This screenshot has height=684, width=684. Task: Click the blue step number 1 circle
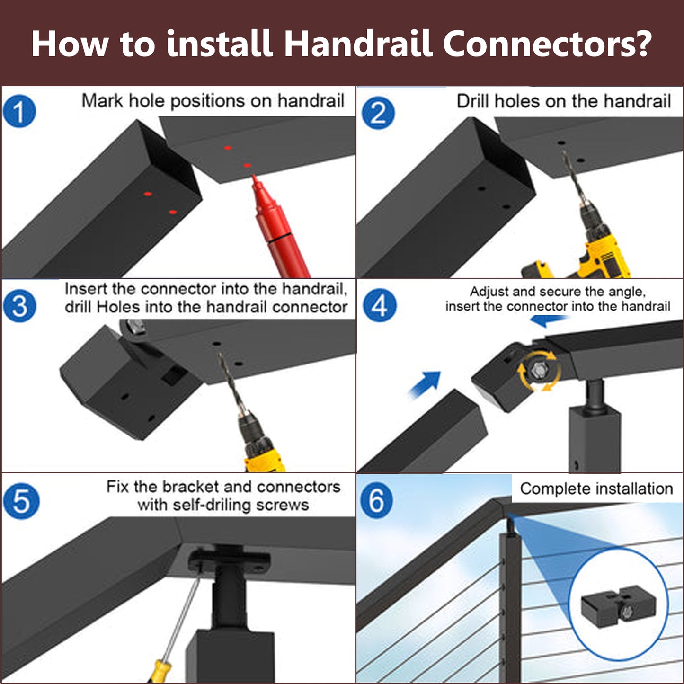pos(19,111)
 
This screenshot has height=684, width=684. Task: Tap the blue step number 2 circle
pos(378,113)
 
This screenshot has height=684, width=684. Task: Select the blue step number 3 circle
pos(19,306)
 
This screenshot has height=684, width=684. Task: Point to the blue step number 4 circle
pos(380,305)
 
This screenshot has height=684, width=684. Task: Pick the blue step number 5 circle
pos(21,501)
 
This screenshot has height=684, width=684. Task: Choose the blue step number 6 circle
pos(376,500)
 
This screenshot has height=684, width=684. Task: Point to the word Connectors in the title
pos(547,44)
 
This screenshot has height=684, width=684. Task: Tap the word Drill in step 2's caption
pos(473,101)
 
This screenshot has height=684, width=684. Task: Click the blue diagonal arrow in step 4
pos(425,384)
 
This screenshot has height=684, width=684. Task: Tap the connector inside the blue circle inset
pos(618,607)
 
